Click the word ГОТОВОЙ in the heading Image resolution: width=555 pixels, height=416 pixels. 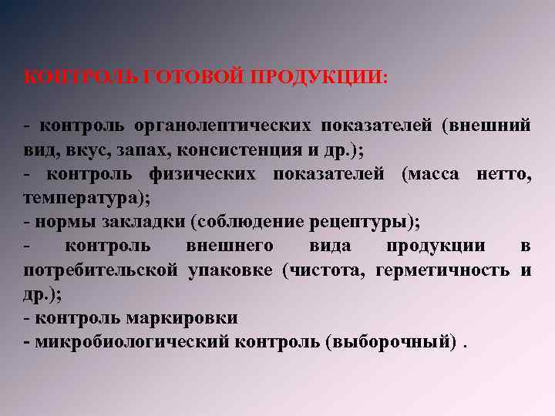pos(190,77)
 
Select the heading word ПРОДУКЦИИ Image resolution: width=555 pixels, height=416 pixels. pos(314,77)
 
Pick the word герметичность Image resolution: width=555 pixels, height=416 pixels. pos(442,270)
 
